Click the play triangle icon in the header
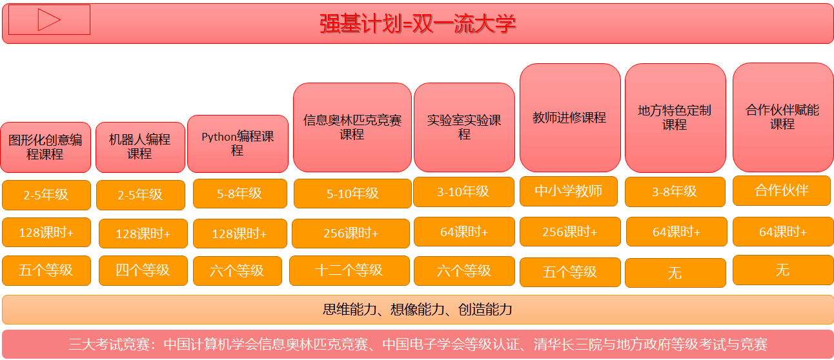[x=49, y=20]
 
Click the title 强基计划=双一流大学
[x=418, y=24]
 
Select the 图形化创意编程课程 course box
[x=45, y=148]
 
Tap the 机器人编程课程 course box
[x=140, y=148]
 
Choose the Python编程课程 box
[x=238, y=144]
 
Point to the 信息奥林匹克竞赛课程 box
[x=352, y=127]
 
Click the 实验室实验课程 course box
[x=464, y=127]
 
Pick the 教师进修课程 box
[x=570, y=117]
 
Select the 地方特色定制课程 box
[x=675, y=117]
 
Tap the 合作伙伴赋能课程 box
[x=783, y=117]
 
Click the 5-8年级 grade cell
[x=240, y=194]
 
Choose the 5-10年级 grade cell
[x=352, y=194]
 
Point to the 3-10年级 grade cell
[x=463, y=192]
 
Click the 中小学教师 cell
[x=569, y=192]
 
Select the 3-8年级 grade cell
[x=675, y=192]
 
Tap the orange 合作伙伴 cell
[x=782, y=190]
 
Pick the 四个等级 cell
[x=143, y=271]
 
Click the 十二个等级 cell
[x=349, y=271]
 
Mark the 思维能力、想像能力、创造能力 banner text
[x=418, y=310]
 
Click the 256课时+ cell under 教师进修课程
[x=570, y=232]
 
